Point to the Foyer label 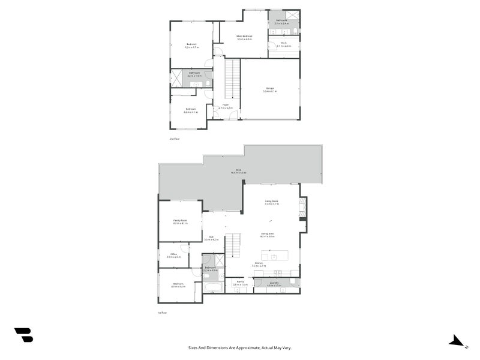pos(226,105)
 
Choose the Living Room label pos(271,202)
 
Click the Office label pos(173,254)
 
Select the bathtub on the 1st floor pos(213,287)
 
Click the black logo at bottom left pos(23,335)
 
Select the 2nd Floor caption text pos(175,139)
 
